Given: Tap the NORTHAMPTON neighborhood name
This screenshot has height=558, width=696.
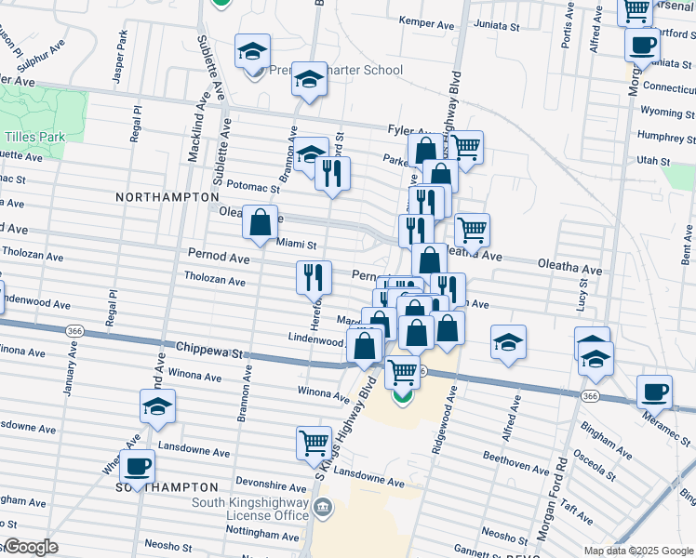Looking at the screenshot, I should (167, 197).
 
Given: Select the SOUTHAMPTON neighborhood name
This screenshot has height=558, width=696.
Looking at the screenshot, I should (167, 487).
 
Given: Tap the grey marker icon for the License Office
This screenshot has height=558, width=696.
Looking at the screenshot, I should (322, 507).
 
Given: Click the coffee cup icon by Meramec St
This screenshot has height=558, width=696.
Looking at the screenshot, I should (654, 391).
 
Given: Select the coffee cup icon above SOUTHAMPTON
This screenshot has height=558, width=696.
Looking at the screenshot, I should (138, 466).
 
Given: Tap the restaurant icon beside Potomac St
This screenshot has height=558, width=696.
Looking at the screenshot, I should (332, 171).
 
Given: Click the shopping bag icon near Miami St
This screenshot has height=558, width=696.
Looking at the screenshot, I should (261, 221).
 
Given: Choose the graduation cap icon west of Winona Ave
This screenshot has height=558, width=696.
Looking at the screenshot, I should (157, 405).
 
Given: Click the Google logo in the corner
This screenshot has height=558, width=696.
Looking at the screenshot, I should (30, 547).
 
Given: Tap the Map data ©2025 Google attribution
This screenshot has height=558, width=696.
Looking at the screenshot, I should (638, 551).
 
